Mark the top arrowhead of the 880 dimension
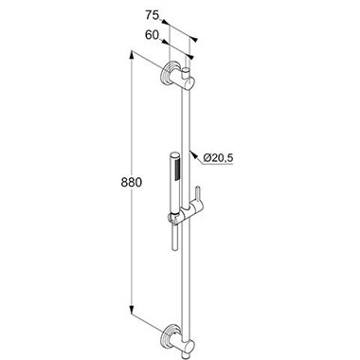[131, 55]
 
